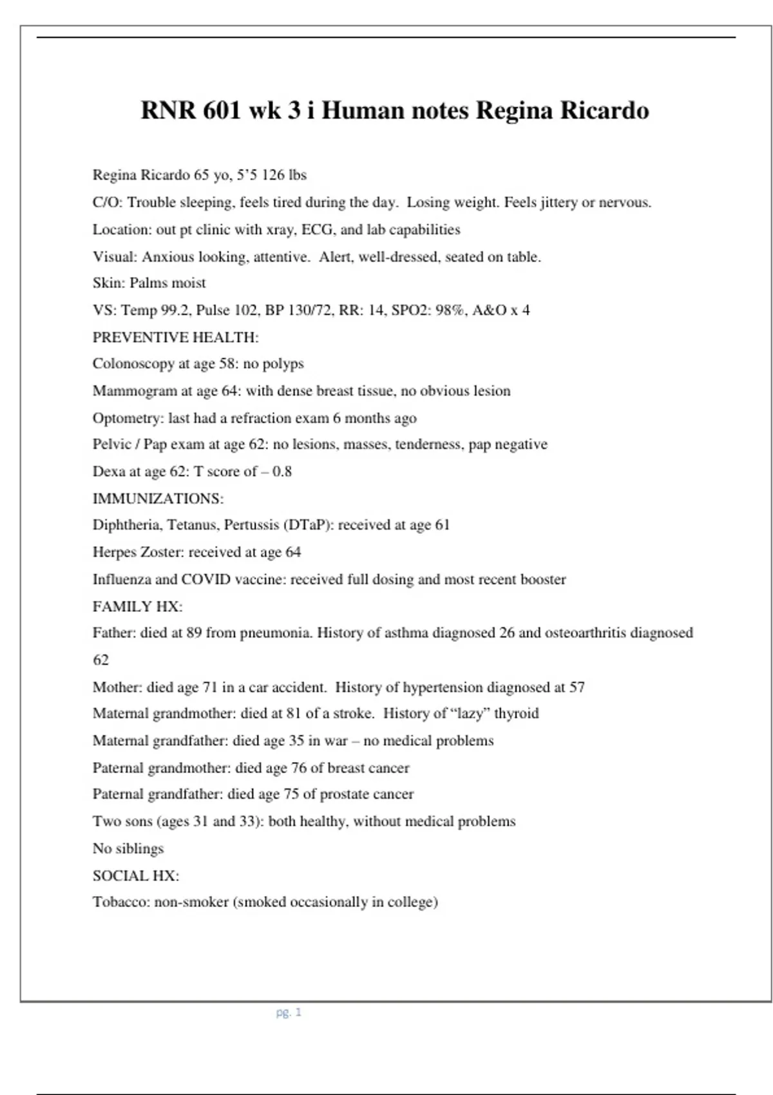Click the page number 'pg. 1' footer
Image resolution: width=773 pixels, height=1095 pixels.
pyautogui.click(x=289, y=1012)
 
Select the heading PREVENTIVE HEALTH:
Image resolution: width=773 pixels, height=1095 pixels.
pyautogui.click(x=175, y=337)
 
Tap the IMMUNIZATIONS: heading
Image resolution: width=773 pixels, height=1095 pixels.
pyautogui.click(x=158, y=499)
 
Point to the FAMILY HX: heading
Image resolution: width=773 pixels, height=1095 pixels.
pyautogui.click(x=137, y=606)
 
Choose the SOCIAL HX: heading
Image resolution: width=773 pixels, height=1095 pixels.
pyautogui.click(x=135, y=875)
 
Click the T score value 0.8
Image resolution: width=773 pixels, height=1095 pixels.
pyautogui.click(x=282, y=471)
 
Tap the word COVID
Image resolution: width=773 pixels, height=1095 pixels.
pyautogui.click(x=205, y=579)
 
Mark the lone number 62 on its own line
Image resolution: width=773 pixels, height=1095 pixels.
pyautogui.click(x=100, y=660)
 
